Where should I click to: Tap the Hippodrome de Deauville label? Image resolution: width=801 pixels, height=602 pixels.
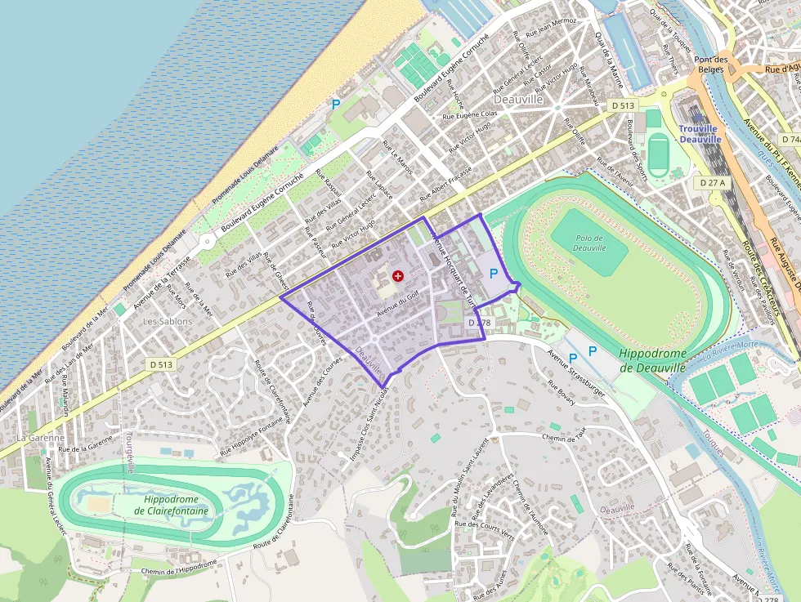pos(651,360)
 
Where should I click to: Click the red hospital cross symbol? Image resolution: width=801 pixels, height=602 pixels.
pos(398,276)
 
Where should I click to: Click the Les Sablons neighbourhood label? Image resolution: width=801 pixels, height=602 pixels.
pos(167,321)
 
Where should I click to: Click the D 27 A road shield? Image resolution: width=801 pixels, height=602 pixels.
pos(713,183)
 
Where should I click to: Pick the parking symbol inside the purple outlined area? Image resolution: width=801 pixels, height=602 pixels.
pos(493,274)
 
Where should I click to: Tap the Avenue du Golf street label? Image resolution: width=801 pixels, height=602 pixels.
pos(403,305)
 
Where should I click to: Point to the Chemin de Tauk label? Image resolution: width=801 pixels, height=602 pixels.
pos(569,438)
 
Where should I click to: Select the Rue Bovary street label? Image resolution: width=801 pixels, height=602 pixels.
pos(562,393)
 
